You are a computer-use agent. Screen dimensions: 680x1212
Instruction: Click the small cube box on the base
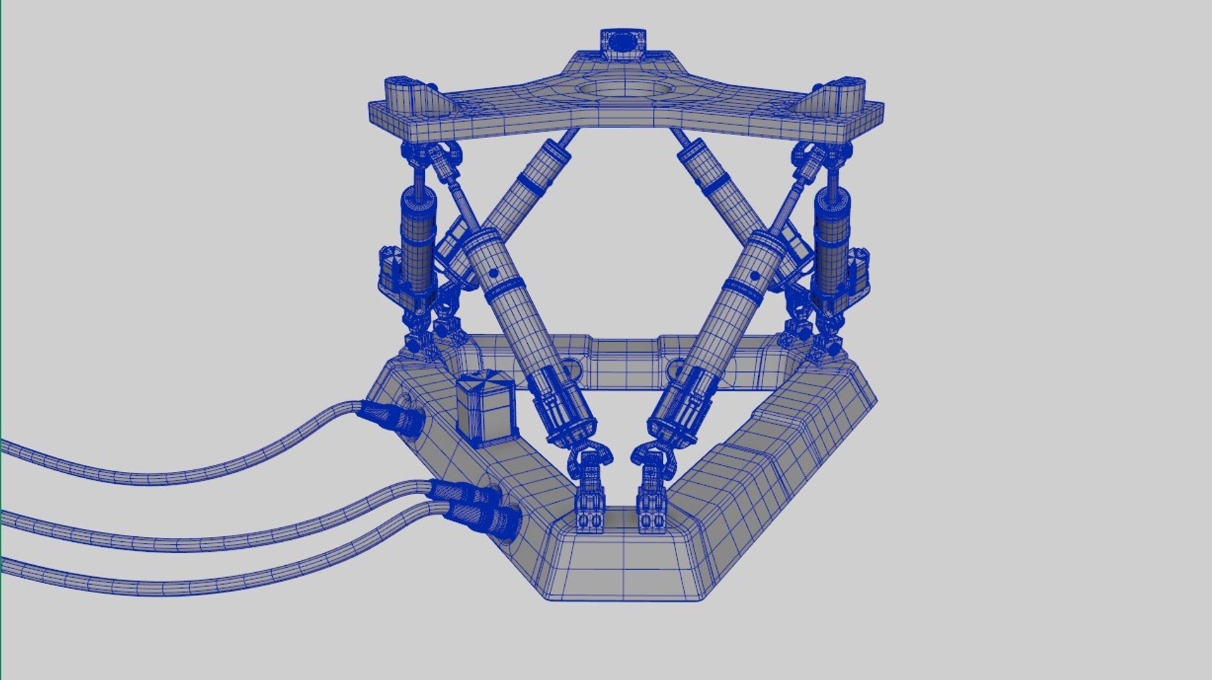tap(484, 407)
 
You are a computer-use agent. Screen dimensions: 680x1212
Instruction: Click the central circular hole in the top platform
tap(622, 89)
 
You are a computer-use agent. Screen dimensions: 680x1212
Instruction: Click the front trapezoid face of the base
tap(622, 568)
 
